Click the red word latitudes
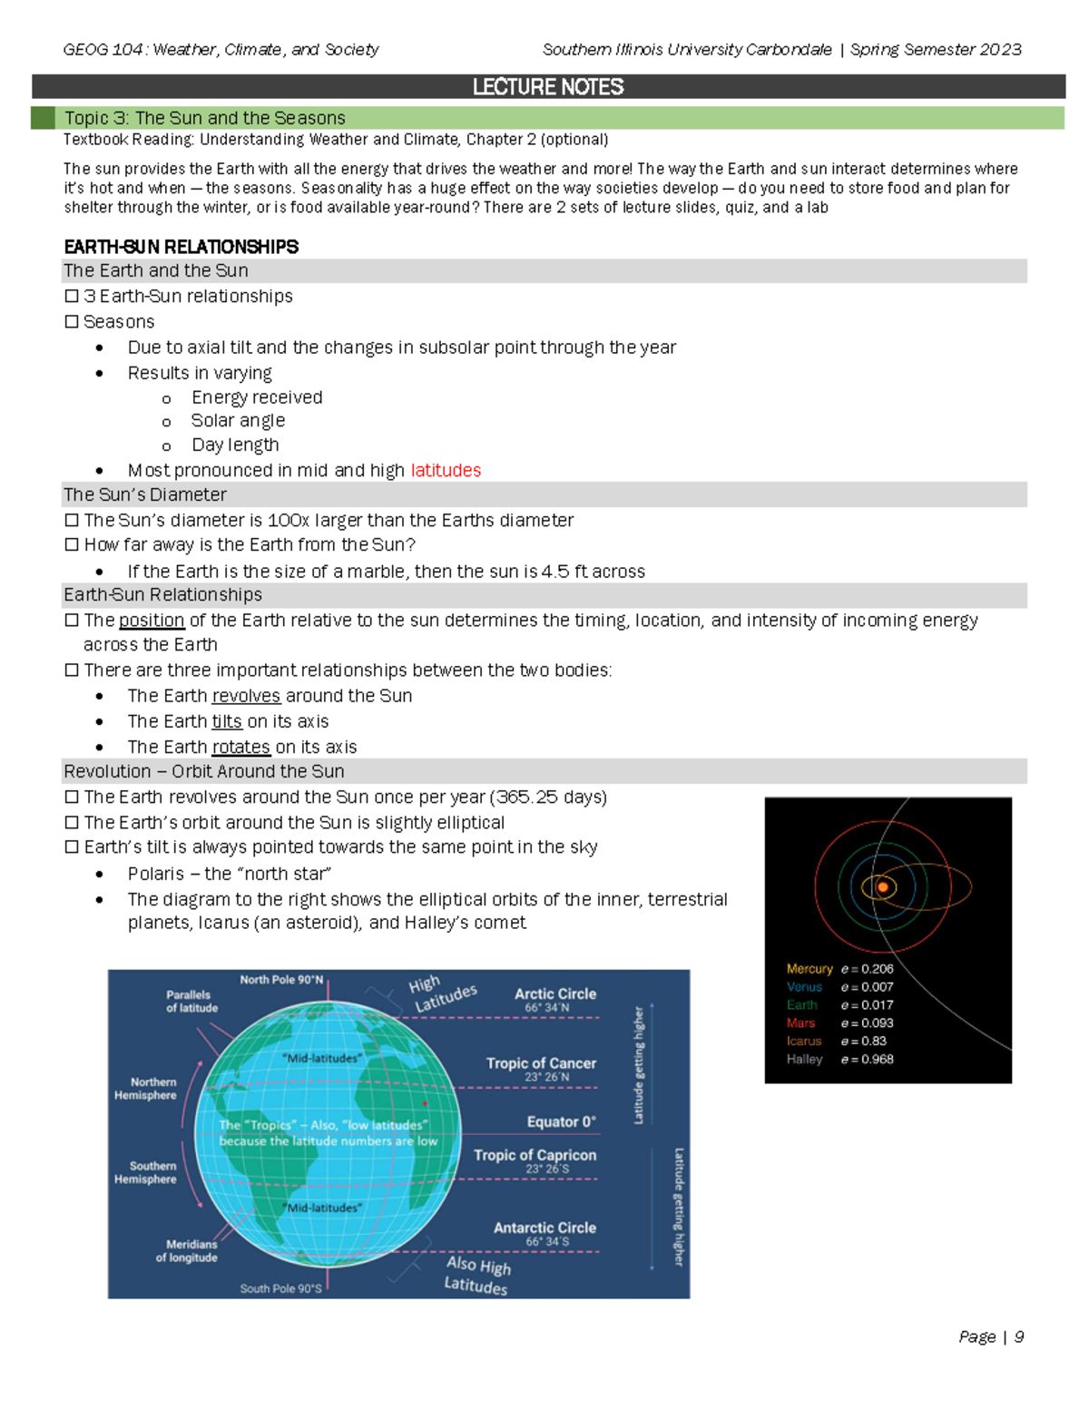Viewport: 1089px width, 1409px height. tap(446, 470)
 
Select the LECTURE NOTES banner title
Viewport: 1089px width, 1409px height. tap(548, 87)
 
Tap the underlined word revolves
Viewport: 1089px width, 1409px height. tap(247, 696)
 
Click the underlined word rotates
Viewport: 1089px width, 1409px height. tap(241, 747)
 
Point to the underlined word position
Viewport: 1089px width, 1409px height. tap(152, 621)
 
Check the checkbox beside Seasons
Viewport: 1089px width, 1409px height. tap(72, 321)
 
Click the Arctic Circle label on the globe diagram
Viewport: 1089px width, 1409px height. tap(555, 994)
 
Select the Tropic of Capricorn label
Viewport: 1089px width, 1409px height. tap(535, 1156)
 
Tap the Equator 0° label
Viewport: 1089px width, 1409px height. tap(561, 1122)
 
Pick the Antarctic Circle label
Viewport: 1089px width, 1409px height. tap(544, 1228)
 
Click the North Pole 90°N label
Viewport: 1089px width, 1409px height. tap(281, 980)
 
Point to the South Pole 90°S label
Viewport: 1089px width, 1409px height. tap(280, 1288)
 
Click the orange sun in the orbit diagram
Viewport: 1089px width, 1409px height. tap(882, 887)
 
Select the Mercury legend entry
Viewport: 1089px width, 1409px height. tap(809, 969)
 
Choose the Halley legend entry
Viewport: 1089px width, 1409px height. tap(804, 1060)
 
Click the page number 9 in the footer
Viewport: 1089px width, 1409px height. tap(1019, 1336)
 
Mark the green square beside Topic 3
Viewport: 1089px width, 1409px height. tap(43, 118)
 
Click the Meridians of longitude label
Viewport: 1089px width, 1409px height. tap(187, 1251)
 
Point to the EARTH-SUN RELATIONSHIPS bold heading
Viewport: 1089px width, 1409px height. tap(181, 247)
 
